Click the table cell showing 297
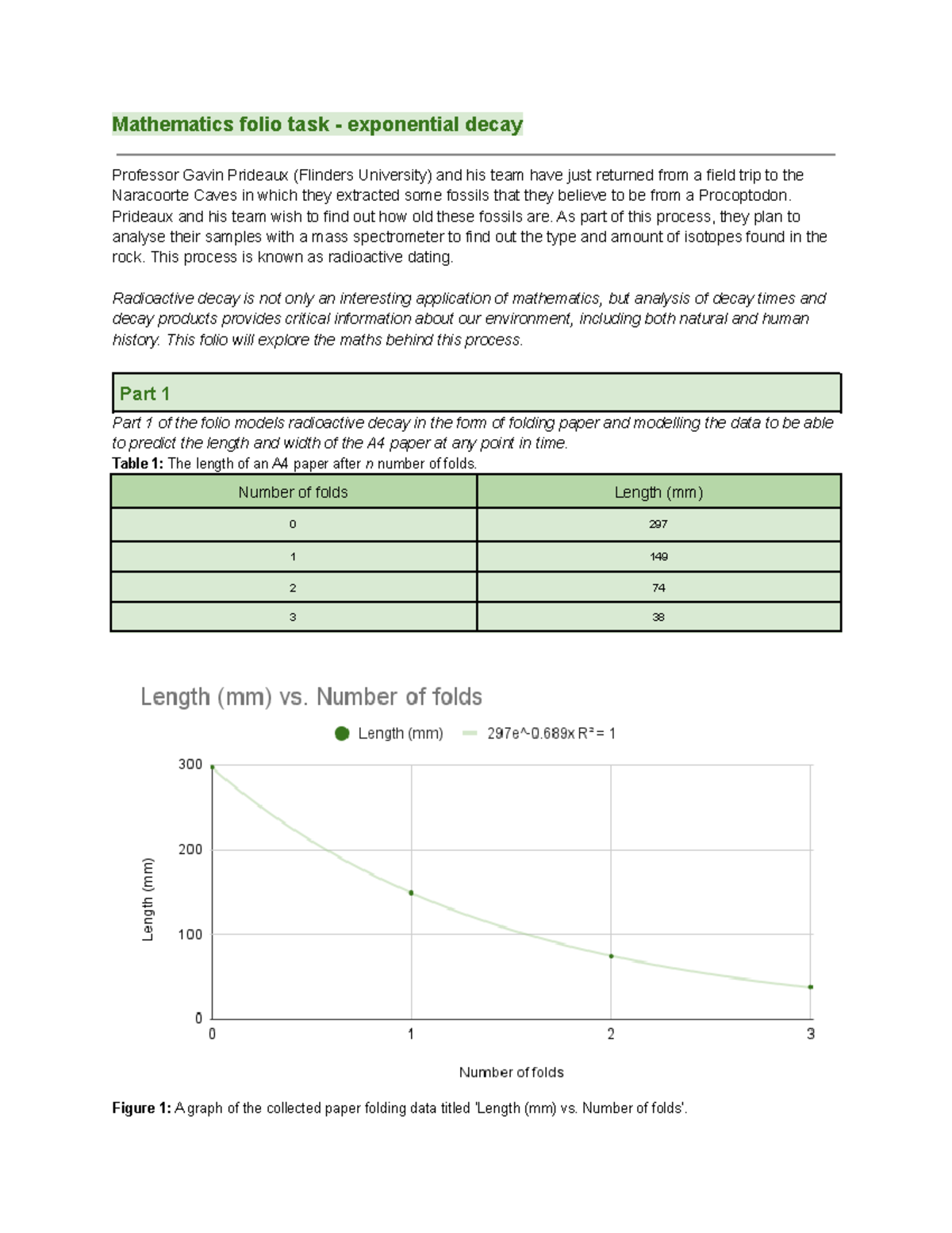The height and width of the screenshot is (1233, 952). pyautogui.click(x=658, y=524)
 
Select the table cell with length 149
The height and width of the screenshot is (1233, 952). pyautogui.click(x=658, y=557)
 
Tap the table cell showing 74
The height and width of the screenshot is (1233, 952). pyautogui.click(x=658, y=588)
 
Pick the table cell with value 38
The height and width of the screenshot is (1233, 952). pyautogui.click(x=658, y=617)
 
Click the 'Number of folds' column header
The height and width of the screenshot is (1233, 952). pyautogui.click(x=293, y=492)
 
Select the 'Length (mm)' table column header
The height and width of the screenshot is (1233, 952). pyautogui.click(x=658, y=492)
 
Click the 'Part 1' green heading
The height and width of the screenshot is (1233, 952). pyautogui.click(x=144, y=394)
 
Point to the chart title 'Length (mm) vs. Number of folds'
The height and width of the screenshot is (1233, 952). pyautogui.click(x=311, y=697)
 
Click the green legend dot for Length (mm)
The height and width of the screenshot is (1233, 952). pyautogui.click(x=342, y=734)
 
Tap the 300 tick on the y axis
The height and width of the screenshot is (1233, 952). pyautogui.click(x=190, y=765)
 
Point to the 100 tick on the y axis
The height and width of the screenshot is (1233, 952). pyautogui.click(x=190, y=934)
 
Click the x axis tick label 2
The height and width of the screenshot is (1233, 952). pyautogui.click(x=611, y=1034)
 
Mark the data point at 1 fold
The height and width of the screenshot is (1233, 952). pyautogui.click(x=411, y=893)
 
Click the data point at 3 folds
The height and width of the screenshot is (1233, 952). pyautogui.click(x=810, y=987)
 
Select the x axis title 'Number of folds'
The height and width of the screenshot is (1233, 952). pyautogui.click(x=511, y=1073)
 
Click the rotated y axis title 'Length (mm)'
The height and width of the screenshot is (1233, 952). pyautogui.click(x=148, y=900)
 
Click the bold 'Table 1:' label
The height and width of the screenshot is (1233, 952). pyautogui.click(x=137, y=464)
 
